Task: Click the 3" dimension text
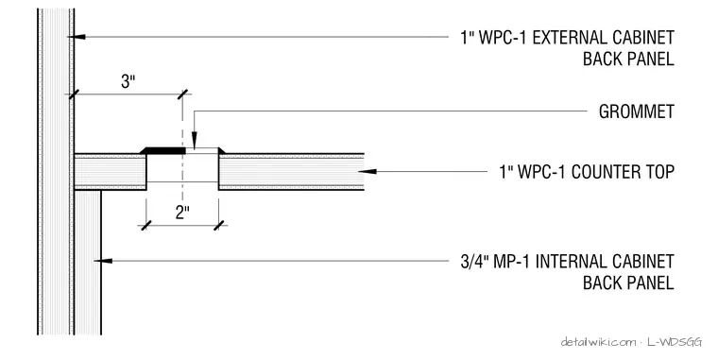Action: [128, 81]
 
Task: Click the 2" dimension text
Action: [182, 212]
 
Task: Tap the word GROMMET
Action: [637, 111]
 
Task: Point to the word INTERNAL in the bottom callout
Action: [572, 262]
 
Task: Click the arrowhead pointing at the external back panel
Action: [78, 37]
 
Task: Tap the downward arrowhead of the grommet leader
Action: [195, 140]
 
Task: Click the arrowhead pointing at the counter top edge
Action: [368, 172]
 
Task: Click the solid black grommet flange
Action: [162, 150]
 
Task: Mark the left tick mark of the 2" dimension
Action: [146, 225]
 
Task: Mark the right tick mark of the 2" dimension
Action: [219, 225]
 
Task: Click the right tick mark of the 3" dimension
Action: [182, 94]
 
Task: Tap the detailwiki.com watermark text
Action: [598, 342]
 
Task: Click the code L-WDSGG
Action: [675, 342]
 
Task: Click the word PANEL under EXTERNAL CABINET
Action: [650, 60]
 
